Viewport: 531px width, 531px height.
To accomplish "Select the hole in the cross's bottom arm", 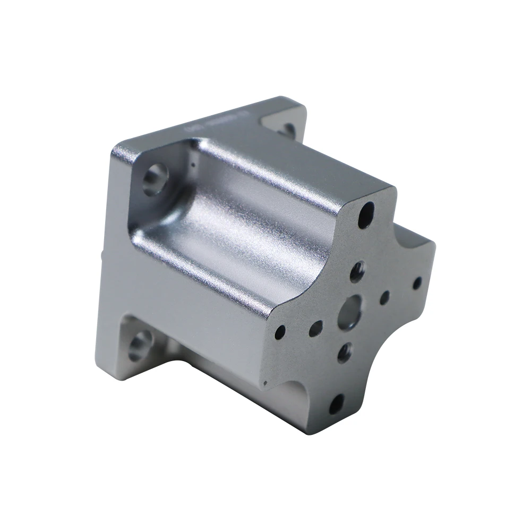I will point(336,405).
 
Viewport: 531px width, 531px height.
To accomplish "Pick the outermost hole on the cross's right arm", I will point(417,283).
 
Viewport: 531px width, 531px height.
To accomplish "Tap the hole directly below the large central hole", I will point(344,352).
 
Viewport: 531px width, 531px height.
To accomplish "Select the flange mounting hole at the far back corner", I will point(287,129).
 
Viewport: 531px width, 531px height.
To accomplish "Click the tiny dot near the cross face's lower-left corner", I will point(265,383).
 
